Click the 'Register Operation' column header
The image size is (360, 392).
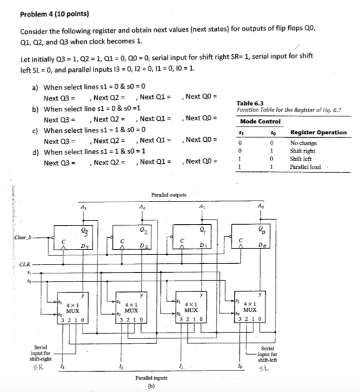318,133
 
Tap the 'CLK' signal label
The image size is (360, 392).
25,263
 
